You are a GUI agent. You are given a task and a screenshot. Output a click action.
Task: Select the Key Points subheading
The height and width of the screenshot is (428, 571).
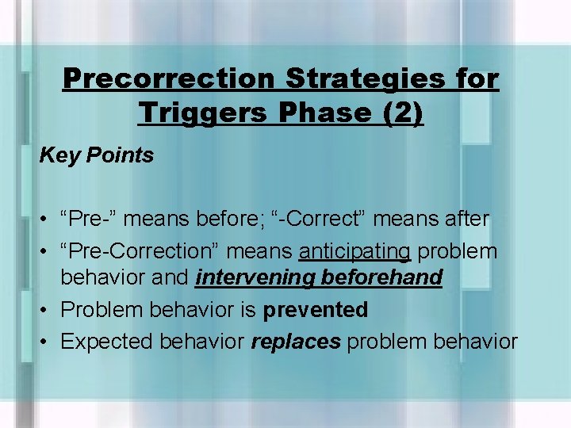point(97,155)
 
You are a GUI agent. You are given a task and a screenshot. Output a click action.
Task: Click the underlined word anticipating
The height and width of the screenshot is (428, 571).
point(354,252)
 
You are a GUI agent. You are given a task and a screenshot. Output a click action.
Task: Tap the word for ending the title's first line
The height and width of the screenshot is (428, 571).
point(476,79)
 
